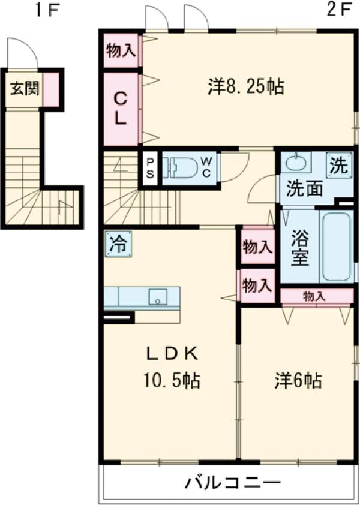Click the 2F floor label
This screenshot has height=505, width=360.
click(339, 10)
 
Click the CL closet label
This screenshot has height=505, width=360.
click(121, 108)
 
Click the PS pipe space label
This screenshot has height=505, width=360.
click(149, 167)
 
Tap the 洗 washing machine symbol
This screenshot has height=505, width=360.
click(339, 164)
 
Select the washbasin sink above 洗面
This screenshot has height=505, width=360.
click(295, 163)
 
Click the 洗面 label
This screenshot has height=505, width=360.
click(304, 189)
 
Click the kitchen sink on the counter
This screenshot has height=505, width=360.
click(158, 296)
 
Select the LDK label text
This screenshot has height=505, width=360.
click(173, 354)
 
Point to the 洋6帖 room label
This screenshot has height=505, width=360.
click(298, 380)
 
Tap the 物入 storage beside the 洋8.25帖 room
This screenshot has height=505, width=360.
click(121, 50)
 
